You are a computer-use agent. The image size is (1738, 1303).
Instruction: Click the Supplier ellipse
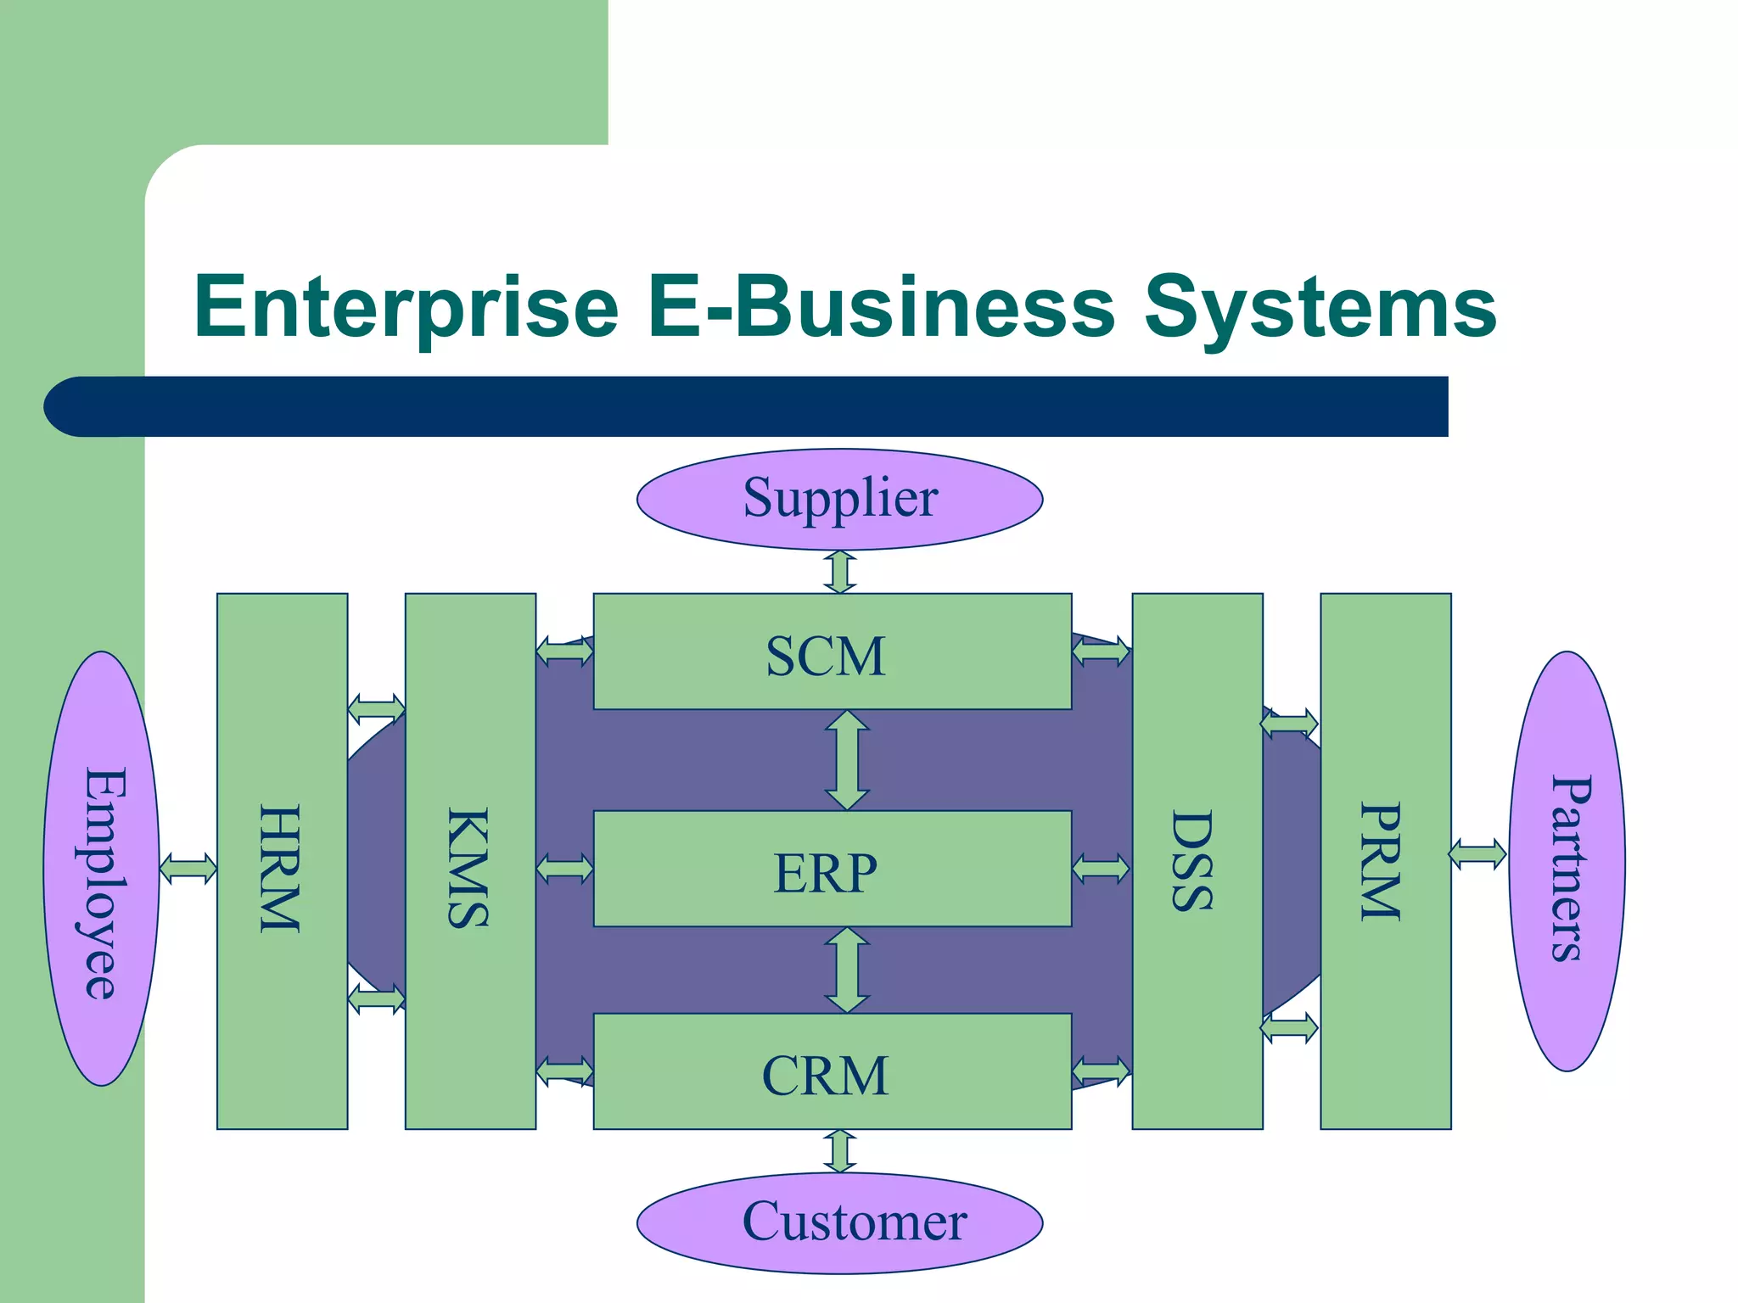point(839,499)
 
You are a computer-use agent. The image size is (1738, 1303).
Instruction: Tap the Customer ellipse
point(839,1222)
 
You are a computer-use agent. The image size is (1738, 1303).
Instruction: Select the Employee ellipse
point(102,869)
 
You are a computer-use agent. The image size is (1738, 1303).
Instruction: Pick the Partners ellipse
point(1567,862)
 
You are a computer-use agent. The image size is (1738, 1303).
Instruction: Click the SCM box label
point(826,656)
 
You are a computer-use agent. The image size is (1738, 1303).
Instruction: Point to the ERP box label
point(826,873)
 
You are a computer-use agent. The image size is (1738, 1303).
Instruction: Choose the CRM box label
point(826,1076)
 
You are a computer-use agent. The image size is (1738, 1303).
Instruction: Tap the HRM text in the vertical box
point(280,869)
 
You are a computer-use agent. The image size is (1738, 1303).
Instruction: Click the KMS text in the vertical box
point(468,869)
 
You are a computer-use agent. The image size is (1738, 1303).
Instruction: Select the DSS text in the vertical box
point(1193,862)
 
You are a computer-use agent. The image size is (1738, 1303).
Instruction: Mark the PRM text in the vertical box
point(1382,862)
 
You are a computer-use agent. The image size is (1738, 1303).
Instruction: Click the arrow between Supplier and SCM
point(840,571)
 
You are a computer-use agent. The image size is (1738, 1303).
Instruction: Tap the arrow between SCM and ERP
point(847,759)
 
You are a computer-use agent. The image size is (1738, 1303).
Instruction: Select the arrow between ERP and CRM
point(847,970)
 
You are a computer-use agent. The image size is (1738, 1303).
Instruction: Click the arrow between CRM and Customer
point(840,1151)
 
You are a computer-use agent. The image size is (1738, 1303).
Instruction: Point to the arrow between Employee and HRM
point(188,869)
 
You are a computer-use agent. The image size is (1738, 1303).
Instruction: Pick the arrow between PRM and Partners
point(1477,853)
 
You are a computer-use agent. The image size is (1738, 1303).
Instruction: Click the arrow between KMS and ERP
point(564,869)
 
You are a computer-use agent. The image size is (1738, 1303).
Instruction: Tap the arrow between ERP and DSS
point(1102,869)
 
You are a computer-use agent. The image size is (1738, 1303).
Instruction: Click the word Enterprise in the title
point(406,307)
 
